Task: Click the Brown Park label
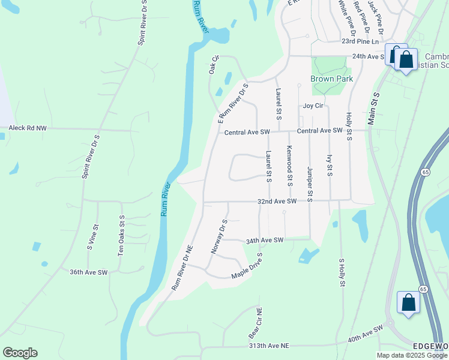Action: pos(331,79)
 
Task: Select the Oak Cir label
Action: pos(212,65)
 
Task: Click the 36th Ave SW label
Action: pos(88,272)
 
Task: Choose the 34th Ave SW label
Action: pos(264,241)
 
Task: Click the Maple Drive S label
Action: pos(248,274)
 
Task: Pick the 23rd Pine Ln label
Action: pos(361,41)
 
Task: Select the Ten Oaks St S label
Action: pos(121,236)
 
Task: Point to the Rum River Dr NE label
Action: pos(182,267)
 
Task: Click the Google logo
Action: pos(20,353)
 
